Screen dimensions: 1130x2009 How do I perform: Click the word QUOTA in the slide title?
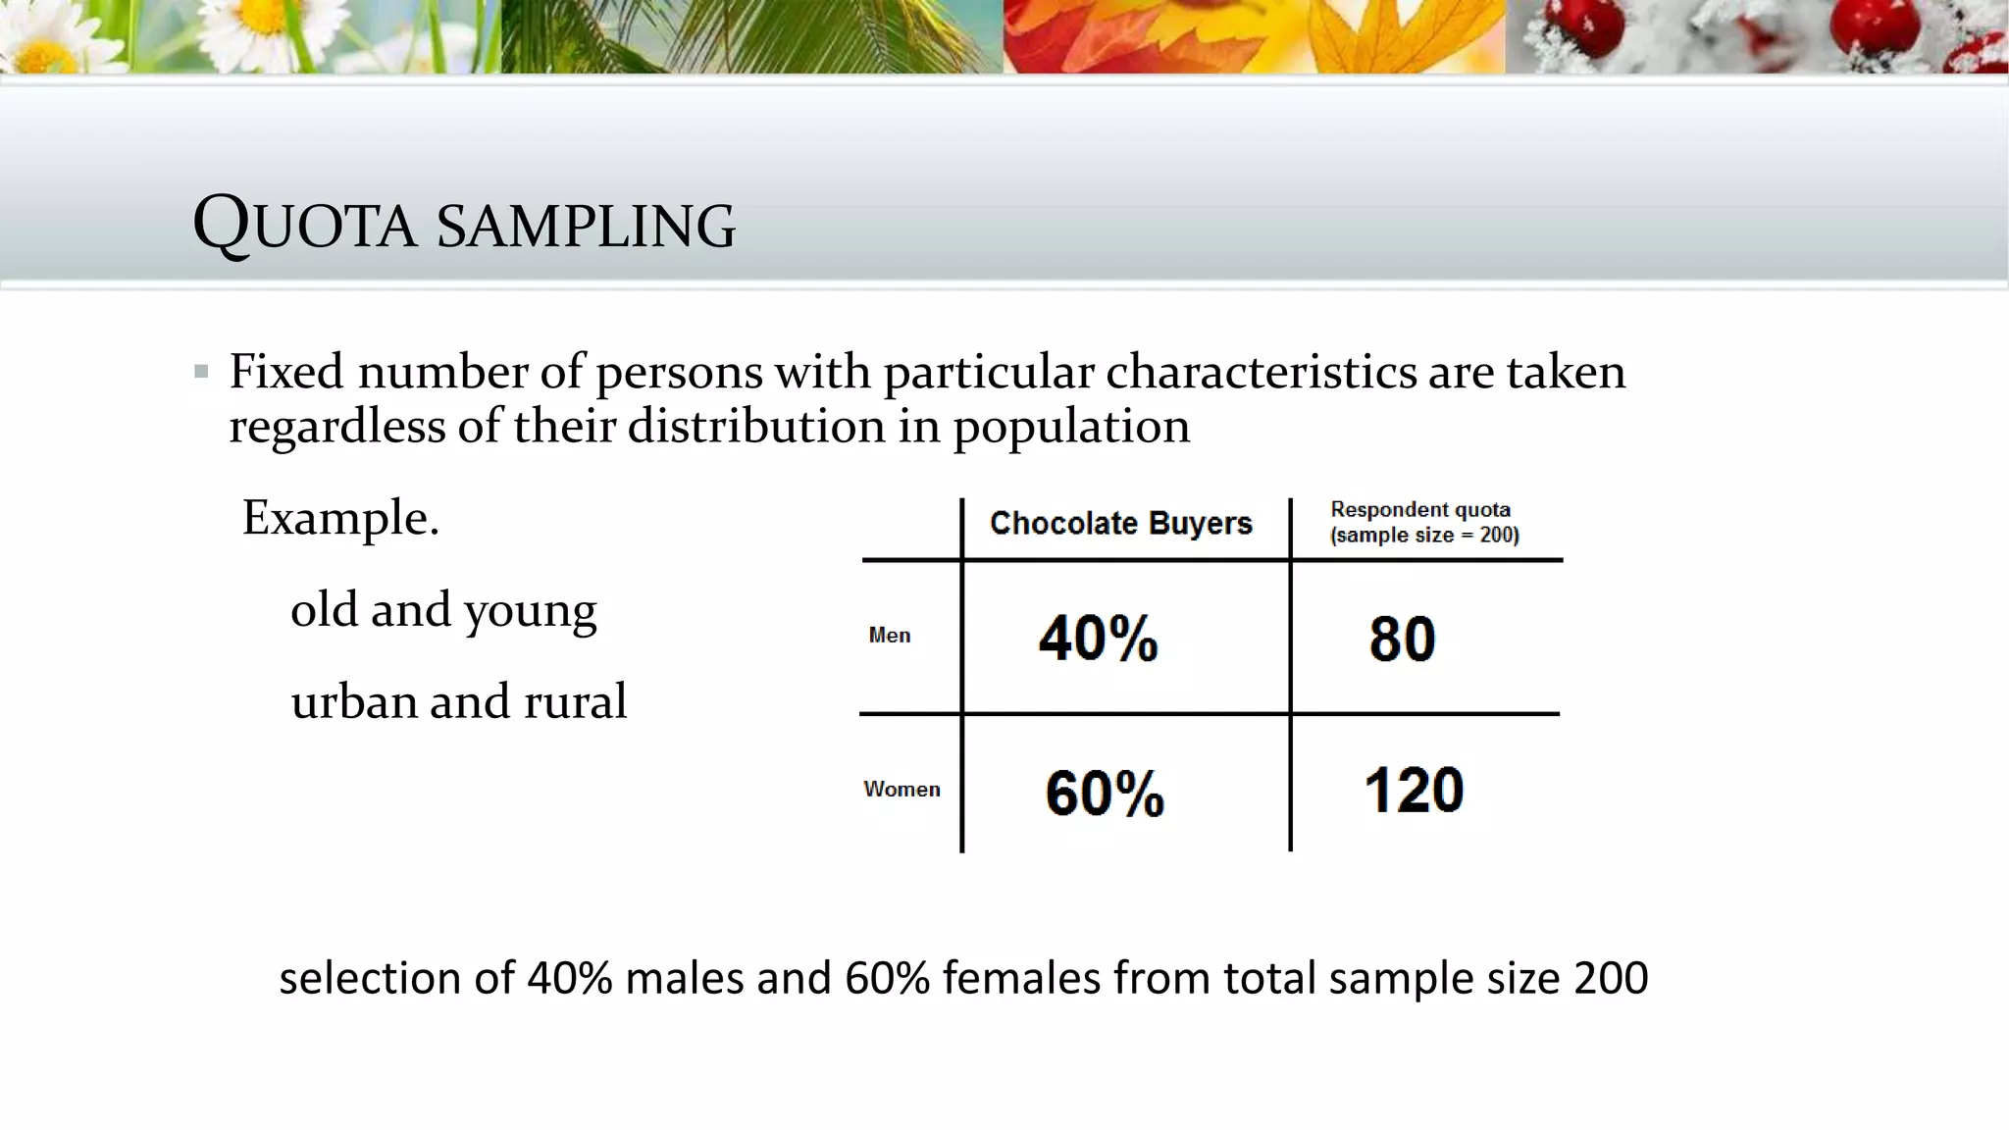click(x=305, y=225)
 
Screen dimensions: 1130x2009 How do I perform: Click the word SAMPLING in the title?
click(x=586, y=226)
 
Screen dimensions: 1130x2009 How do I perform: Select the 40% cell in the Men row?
click(x=1099, y=639)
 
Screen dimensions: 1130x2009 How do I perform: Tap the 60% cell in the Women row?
click(x=1105, y=793)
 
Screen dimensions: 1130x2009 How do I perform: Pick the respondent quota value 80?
click(x=1402, y=639)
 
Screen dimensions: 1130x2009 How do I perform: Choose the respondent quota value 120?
click(x=1414, y=790)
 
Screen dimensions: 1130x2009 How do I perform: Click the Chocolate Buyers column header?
click(x=1120, y=524)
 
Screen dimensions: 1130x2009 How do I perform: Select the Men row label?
click(x=889, y=636)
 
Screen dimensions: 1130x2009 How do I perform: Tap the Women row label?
click(x=901, y=790)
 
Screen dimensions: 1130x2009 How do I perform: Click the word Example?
click(x=340, y=517)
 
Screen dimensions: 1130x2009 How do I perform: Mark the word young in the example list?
click(x=530, y=611)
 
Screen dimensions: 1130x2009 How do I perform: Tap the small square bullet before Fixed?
click(x=201, y=372)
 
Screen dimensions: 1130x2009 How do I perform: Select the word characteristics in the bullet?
click(x=1262, y=373)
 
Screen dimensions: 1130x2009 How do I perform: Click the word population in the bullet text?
click(x=1071, y=428)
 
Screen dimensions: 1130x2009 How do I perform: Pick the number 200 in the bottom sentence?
click(x=1611, y=978)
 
